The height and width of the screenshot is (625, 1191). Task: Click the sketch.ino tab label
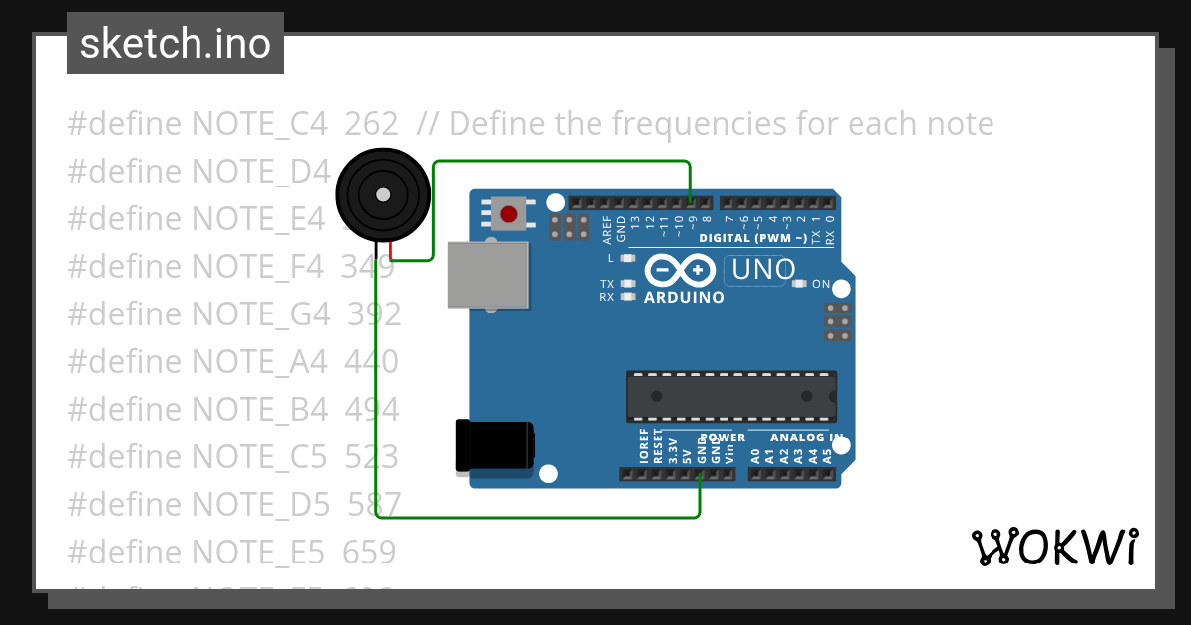(x=176, y=44)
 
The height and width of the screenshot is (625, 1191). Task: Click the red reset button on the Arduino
(x=509, y=213)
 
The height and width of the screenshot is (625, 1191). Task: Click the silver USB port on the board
(x=487, y=274)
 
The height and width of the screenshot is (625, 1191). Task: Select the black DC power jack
(x=493, y=445)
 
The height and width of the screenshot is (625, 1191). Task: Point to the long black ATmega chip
(x=730, y=396)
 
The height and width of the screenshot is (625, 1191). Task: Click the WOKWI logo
(x=1054, y=547)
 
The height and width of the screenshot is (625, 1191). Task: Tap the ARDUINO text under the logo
(x=684, y=297)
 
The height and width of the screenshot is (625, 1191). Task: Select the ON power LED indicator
(x=800, y=285)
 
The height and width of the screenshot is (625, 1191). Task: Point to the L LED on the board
(x=627, y=259)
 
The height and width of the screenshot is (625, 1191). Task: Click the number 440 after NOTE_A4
(x=371, y=362)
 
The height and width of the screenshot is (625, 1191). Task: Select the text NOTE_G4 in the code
(x=260, y=314)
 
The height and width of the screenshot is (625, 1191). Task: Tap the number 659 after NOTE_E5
(x=369, y=553)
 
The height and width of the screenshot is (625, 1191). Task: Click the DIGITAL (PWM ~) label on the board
(x=751, y=238)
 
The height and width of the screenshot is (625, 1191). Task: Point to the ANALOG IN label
(x=806, y=437)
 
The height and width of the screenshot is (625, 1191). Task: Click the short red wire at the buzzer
(x=392, y=251)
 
